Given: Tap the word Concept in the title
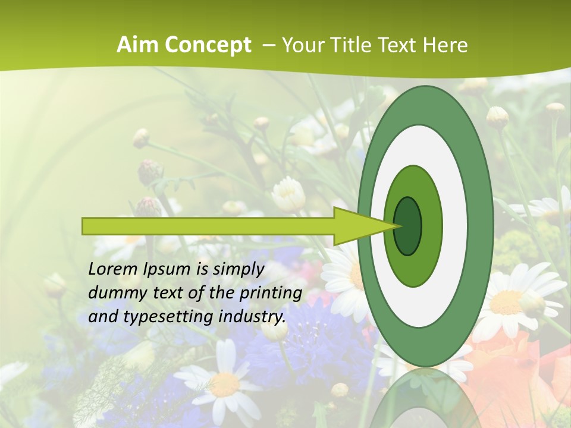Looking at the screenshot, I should click(208, 45).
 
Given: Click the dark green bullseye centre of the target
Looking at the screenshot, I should click(409, 226).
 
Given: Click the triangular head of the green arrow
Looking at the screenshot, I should click(357, 226).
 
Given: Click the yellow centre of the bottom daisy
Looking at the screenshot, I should click(225, 385).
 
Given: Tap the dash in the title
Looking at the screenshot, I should click(268, 45).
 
